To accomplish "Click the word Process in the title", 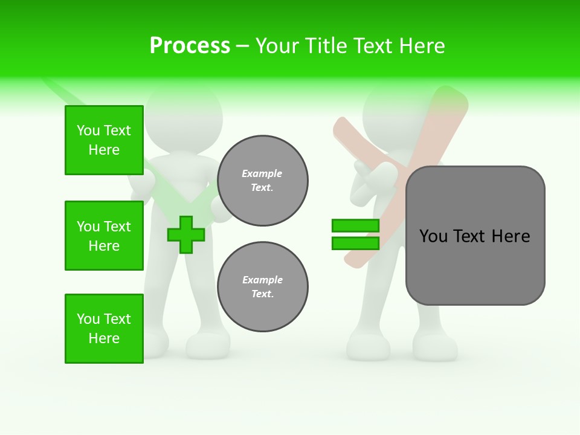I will pos(190,45).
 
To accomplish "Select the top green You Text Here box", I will pos(104,140).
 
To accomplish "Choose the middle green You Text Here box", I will pos(104,236).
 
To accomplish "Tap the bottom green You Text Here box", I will pos(104,329).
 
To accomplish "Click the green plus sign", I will pos(185,234).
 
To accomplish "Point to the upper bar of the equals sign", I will pos(355,226).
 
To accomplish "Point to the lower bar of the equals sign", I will pos(355,243).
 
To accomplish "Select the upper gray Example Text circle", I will pos(263,181).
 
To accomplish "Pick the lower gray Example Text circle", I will pos(263,287).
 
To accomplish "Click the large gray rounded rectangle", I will pos(475,236).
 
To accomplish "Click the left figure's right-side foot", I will pos(208,346).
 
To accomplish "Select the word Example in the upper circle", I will pos(262,173).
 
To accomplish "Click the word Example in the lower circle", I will pos(262,280).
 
